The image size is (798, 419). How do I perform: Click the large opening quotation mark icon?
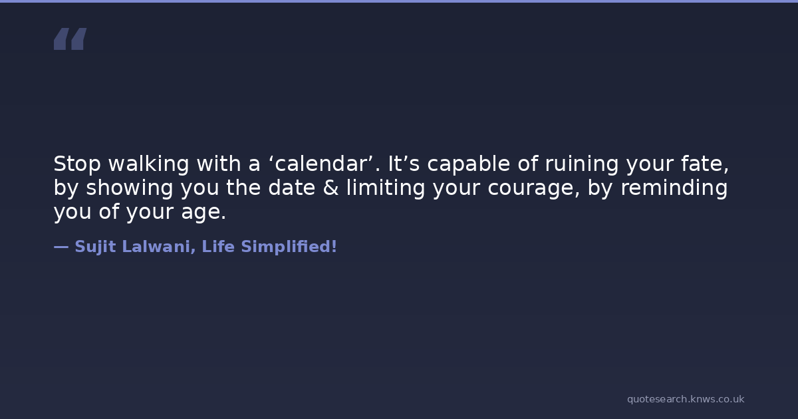70,39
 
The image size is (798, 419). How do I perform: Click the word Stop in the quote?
77,164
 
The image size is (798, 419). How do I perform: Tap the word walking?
148,164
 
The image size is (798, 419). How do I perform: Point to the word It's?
404,164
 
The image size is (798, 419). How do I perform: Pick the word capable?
469,164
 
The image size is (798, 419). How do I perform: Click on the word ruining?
582,164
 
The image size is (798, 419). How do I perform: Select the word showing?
130,188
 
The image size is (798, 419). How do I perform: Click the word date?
291,188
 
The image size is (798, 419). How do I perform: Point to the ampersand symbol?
331,188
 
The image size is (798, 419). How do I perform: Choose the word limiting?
386,188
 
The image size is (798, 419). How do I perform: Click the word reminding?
674,188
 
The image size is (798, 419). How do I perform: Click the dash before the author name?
61,247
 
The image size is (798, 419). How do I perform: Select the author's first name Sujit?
96,247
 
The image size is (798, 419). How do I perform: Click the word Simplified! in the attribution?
289,247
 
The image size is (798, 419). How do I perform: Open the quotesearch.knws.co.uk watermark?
686,399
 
